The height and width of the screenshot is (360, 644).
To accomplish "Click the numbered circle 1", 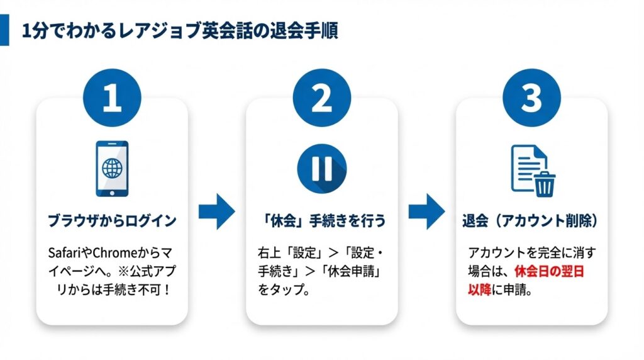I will (x=112, y=99).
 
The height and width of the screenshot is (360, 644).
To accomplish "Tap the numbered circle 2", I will (x=321, y=99).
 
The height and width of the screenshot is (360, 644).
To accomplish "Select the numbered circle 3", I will (x=531, y=99).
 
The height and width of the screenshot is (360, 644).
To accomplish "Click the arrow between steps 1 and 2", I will (x=216, y=212).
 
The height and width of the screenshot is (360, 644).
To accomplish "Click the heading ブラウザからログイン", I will (x=112, y=222).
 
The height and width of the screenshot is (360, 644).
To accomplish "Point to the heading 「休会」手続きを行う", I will (x=321, y=222).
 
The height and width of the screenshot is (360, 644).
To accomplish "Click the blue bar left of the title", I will (x=4, y=31).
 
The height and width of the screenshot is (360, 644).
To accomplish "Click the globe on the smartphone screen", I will (x=112, y=168).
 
